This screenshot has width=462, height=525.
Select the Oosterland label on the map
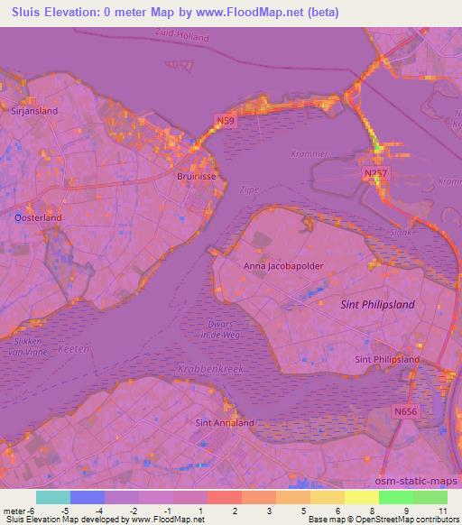[39, 217]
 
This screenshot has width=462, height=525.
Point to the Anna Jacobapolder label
[283, 266]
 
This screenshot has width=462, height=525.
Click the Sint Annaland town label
[225, 422]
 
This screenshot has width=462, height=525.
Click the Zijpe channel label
[250, 190]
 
